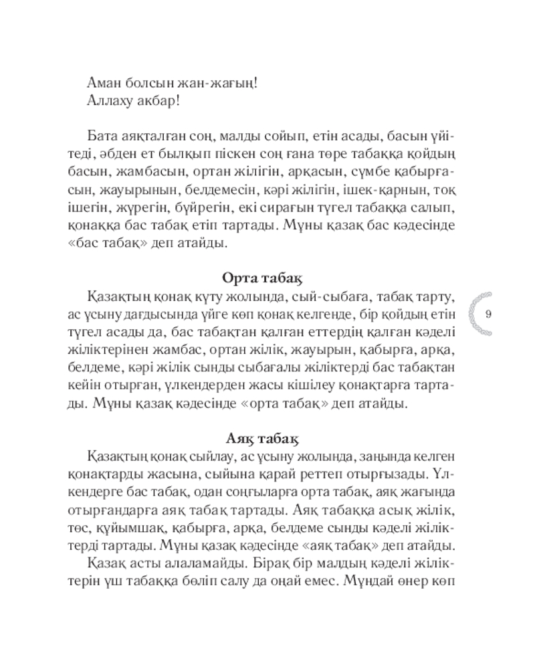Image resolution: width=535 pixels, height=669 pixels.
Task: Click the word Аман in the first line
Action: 104,84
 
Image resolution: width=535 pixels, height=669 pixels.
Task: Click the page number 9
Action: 488,314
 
